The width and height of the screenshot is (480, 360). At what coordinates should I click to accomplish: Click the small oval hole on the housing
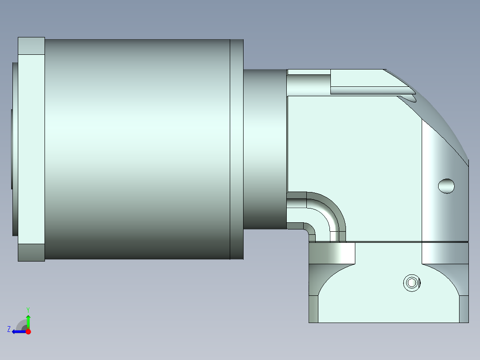point(446,186)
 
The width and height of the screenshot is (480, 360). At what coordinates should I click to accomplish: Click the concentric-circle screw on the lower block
point(412,283)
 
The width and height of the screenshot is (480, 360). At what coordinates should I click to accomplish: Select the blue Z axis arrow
point(19,331)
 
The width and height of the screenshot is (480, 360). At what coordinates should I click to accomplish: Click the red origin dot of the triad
point(28,331)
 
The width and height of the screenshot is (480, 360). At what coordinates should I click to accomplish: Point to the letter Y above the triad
point(28,310)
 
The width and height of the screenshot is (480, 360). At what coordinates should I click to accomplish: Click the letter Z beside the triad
point(9,329)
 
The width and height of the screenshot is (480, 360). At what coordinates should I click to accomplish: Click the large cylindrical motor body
point(137,149)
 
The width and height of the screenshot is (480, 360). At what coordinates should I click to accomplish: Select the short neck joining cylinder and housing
point(265,149)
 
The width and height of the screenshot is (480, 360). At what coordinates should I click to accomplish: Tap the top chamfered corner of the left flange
point(31,46)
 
